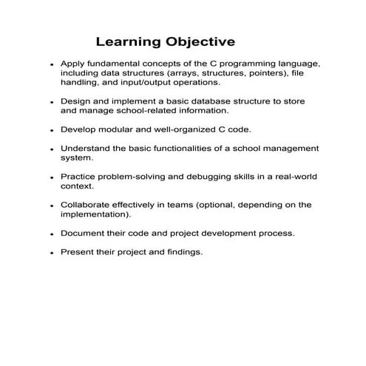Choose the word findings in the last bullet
(182, 251)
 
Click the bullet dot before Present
(52, 253)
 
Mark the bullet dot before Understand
(52, 149)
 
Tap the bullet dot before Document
(52, 234)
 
